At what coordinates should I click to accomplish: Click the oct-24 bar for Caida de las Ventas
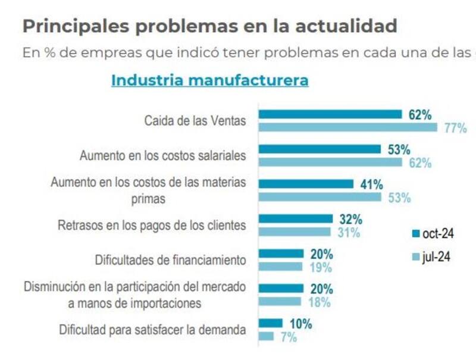point(330,114)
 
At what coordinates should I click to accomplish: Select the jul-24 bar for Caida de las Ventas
point(347,127)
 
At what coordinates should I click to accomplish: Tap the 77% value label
point(455,127)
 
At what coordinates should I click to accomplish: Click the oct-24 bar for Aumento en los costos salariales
point(319,149)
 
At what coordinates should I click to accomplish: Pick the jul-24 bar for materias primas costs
point(320,197)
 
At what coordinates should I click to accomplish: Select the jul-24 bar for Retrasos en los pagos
point(294,232)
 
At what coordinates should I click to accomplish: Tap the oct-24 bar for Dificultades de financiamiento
point(281,254)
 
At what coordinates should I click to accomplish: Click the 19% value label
point(321,267)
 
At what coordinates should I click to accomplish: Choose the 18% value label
point(320,302)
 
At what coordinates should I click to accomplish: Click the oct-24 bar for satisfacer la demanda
point(270,324)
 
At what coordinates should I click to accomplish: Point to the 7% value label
point(288,337)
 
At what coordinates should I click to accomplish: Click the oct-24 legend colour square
point(415,233)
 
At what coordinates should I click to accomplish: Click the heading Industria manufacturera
point(209,80)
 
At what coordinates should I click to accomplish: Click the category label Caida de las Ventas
point(195,121)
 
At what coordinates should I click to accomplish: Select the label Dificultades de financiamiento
point(170,260)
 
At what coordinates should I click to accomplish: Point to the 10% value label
point(300,324)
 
